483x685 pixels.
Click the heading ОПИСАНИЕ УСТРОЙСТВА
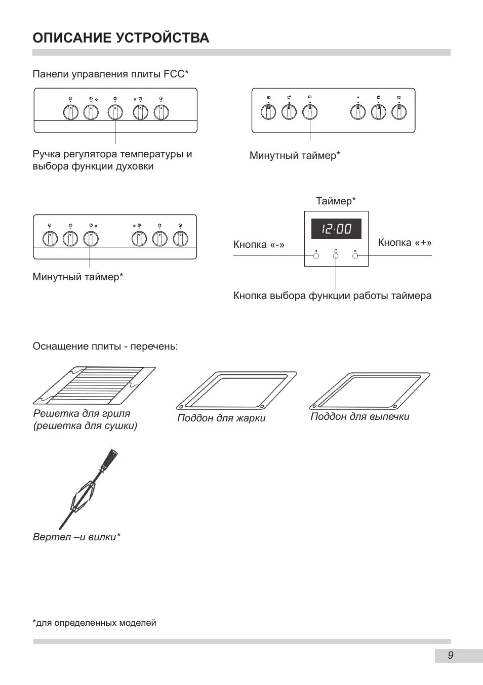(120, 38)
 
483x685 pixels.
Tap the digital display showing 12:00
(336, 229)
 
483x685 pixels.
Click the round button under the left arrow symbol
(316, 256)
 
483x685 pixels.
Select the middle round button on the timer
(336, 256)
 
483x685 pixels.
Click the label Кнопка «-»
(259, 245)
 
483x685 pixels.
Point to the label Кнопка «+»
(405, 243)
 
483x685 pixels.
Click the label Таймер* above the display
(336, 201)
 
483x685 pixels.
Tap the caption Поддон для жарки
(221, 418)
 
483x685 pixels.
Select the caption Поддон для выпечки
(359, 417)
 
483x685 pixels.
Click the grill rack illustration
(94, 386)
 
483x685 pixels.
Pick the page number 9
(451, 656)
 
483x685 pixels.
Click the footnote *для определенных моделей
(95, 623)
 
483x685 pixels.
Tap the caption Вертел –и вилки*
(76, 537)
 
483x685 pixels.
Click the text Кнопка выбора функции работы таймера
(332, 295)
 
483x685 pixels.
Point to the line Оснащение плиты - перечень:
(105, 347)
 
